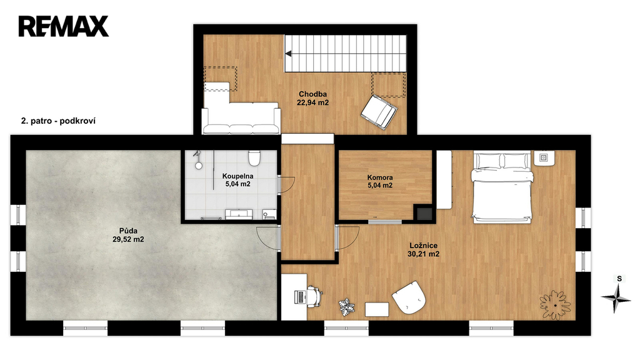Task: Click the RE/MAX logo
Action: point(63,26)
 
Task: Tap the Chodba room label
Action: point(312,94)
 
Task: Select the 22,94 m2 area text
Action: point(312,103)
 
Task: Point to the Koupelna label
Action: point(237,176)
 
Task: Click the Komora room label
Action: point(380,177)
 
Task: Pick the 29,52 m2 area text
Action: point(128,239)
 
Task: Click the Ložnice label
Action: point(424,246)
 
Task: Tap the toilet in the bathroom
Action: point(254,158)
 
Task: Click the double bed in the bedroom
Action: point(502,187)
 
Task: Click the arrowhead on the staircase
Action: point(288,54)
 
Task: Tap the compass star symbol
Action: point(616,298)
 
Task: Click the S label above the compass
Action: point(619,279)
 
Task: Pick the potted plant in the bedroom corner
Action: point(555,305)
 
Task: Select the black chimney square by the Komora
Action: point(424,214)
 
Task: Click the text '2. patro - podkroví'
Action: point(58,121)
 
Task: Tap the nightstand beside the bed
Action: point(544,158)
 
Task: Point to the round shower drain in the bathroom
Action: point(199,166)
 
